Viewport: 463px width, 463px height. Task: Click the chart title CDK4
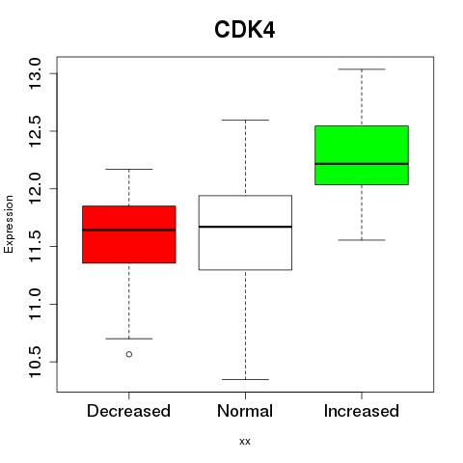point(245,30)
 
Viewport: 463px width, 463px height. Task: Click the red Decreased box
point(129,234)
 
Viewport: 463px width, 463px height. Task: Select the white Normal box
point(245,232)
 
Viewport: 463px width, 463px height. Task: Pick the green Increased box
point(362,155)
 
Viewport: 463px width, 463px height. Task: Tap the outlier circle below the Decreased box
point(129,354)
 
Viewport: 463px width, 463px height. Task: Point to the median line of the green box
point(362,164)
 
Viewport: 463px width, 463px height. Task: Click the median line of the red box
point(129,230)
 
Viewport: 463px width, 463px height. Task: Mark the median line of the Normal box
point(245,227)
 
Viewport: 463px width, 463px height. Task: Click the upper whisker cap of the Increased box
point(362,69)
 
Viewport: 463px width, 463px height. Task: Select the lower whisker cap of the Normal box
point(245,379)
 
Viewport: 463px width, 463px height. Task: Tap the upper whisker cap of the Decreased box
point(129,169)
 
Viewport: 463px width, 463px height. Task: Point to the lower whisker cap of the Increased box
point(362,240)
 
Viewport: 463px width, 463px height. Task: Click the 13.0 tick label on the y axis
point(35,73)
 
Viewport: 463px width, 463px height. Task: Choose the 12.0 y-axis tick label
point(35,189)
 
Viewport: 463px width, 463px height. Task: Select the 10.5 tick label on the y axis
point(35,362)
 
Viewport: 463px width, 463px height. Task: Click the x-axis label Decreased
point(128,411)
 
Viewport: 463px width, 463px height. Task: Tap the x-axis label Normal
point(245,411)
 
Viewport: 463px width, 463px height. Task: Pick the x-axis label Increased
point(362,411)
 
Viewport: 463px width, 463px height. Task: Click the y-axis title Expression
point(9,224)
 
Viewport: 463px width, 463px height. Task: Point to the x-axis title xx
point(245,442)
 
